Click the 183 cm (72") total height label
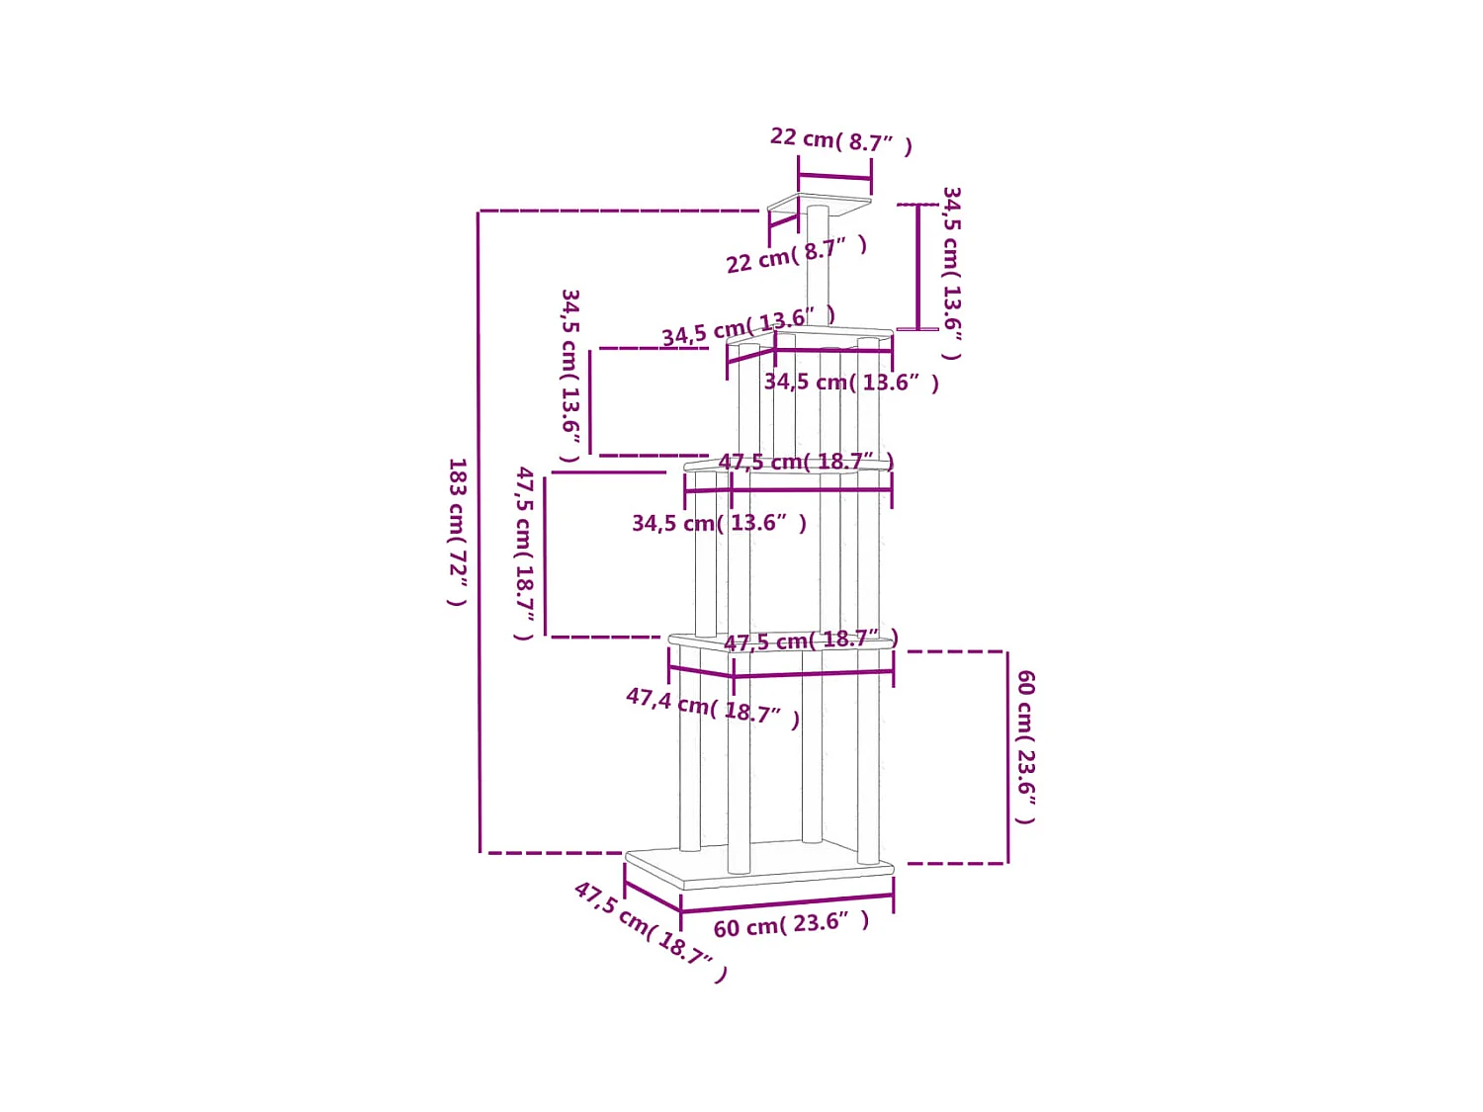pos(458,532)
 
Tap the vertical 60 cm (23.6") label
pos(1025,746)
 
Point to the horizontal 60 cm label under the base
pos(791,924)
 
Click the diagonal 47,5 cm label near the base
pos(650,931)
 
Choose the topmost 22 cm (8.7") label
pos(841,139)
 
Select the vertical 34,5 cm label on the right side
pos(951,273)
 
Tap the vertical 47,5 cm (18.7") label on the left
pos(525,553)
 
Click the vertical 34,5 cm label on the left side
pos(570,376)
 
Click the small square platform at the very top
pos(819,205)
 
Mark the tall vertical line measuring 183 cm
pos(480,532)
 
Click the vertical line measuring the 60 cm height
pos(1007,757)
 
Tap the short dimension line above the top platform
pos(834,177)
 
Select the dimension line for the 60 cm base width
pos(787,903)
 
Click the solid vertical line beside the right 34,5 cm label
pos(917,267)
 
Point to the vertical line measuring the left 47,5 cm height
pos(545,555)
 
